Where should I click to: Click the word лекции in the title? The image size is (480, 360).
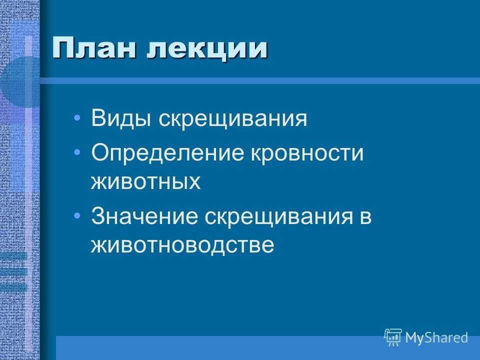click(x=207, y=49)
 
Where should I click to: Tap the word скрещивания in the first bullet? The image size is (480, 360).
click(x=232, y=119)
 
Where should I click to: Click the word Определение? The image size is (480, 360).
click(x=167, y=153)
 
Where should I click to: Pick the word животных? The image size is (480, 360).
click(x=145, y=181)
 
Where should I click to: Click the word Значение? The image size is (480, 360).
click(x=145, y=216)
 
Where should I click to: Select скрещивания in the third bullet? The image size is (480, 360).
click(x=279, y=217)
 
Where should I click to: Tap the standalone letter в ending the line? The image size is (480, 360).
click(x=366, y=217)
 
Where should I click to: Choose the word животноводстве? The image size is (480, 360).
click(x=182, y=245)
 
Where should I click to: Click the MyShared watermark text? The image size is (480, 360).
click(x=436, y=338)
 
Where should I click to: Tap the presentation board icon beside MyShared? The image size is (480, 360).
click(x=393, y=337)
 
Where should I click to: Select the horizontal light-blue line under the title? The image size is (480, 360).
click(x=260, y=81)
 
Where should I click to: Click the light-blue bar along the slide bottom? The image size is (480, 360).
click(x=268, y=348)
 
